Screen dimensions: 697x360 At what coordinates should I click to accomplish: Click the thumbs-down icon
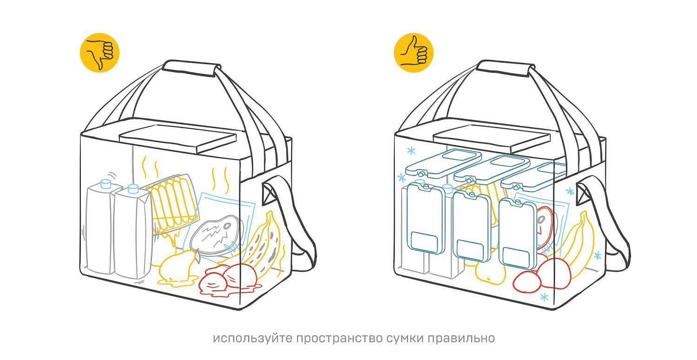99,52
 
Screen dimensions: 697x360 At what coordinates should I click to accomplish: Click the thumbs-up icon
414,52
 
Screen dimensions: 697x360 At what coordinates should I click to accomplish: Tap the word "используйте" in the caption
253,338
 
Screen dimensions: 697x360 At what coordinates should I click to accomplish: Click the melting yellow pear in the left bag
178,268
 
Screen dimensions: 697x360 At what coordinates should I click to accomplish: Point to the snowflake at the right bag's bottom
544,297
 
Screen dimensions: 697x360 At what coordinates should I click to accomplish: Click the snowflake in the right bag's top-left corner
411,151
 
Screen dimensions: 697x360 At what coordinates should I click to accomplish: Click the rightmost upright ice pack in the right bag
518,233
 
